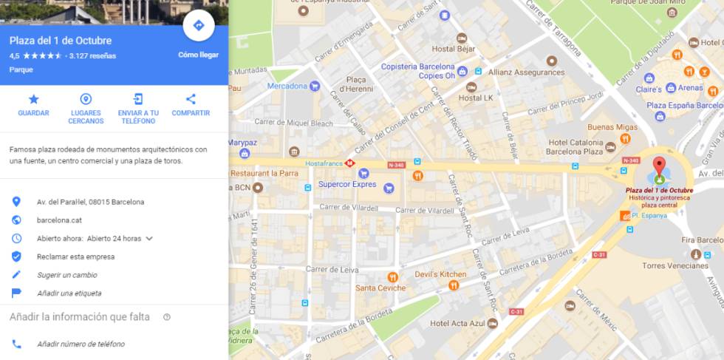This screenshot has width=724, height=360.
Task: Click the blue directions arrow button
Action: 198,26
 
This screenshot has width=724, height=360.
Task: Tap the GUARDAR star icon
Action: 33,99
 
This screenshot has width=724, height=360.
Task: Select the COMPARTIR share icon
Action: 191,99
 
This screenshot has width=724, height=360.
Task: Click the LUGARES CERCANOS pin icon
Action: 86,99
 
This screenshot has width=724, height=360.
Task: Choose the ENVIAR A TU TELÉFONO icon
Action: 138,99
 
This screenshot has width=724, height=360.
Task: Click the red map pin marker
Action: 659,166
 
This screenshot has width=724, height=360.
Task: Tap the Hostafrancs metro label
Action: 325,163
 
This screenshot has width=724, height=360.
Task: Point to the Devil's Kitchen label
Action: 420,274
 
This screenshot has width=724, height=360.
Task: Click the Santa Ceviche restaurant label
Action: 380,288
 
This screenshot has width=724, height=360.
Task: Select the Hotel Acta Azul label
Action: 458,323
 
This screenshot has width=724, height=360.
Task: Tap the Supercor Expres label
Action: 347,184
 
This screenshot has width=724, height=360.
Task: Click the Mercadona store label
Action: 287,86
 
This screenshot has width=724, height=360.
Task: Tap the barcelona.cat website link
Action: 59,220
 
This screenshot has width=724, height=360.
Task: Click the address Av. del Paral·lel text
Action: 90,202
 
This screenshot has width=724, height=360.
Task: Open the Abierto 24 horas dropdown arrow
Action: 149,238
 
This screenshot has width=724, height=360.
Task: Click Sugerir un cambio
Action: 67,275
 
